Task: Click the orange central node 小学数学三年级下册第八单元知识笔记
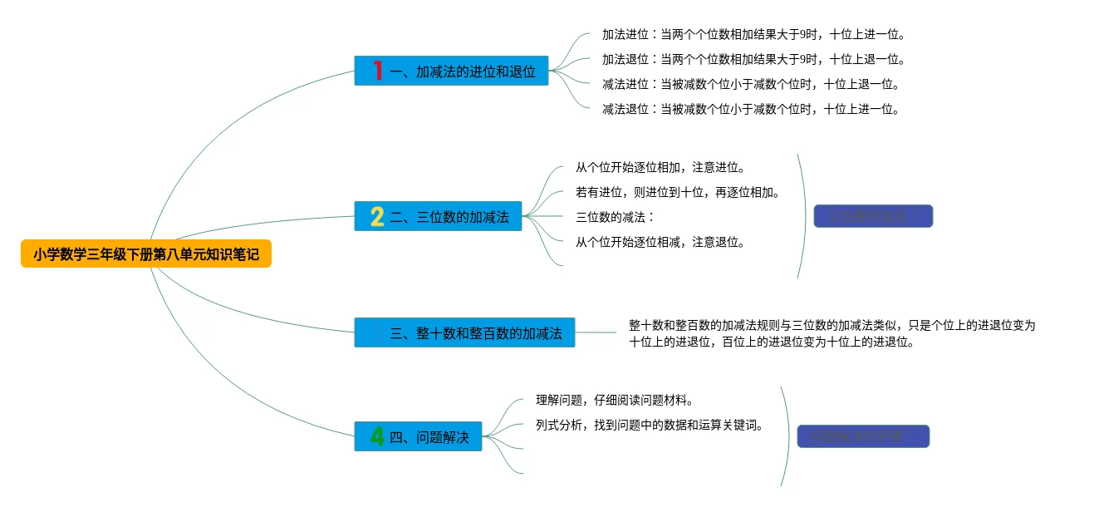point(146,254)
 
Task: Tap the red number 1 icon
point(378,71)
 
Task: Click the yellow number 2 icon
point(377,217)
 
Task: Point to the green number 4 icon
point(377,436)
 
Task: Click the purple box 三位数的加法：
point(873,216)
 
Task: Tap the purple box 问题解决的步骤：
point(862,436)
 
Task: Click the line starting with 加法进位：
point(753,35)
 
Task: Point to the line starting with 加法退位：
point(753,59)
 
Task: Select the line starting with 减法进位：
point(751,84)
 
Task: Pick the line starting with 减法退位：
point(751,109)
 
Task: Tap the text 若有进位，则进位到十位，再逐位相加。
point(678,193)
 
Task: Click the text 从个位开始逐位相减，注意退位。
point(660,243)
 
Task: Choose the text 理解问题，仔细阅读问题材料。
point(615,401)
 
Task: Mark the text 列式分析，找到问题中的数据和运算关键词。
point(650,426)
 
